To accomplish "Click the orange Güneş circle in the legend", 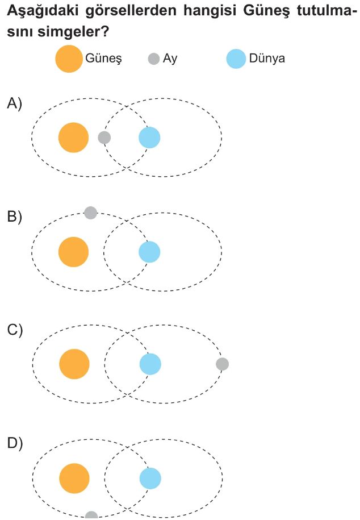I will pos(69,59).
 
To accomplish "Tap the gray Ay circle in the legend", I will pos(153,59).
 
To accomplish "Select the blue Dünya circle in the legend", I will pos(236,59).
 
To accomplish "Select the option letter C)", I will pos(14,330).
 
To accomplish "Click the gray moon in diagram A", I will pos(104,138).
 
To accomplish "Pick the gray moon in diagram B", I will pos(90,213).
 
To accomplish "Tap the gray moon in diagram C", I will pos(223,364).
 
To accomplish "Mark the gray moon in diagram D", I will pos(91,515).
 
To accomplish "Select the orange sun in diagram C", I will pos(74,364).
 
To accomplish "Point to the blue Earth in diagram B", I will pos(149,252).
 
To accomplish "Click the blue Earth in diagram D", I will pos(150,479).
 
